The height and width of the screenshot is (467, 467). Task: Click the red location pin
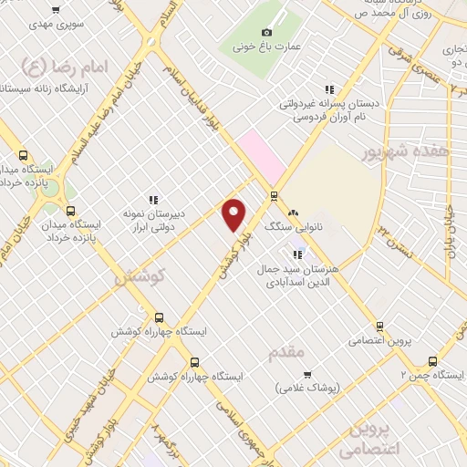tap(234, 214)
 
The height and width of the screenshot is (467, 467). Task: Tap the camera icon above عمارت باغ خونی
tap(266, 33)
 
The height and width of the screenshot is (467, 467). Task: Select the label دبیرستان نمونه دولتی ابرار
tap(153, 220)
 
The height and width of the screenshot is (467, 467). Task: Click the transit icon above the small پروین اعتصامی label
tap(379, 327)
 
